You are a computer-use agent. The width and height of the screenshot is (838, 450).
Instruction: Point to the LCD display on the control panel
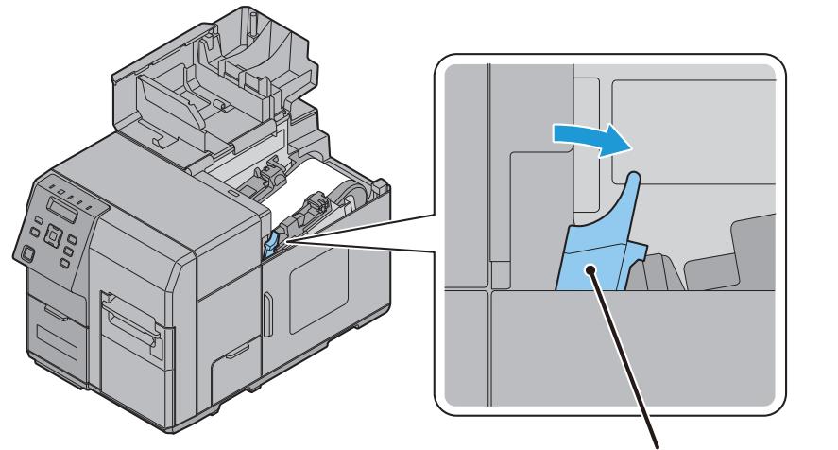coord(59,206)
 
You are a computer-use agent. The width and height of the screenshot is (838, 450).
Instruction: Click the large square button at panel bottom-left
coord(27,253)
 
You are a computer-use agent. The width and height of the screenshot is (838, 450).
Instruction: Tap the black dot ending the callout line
coord(592,271)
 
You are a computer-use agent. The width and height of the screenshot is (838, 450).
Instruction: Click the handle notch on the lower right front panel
coord(231,356)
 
